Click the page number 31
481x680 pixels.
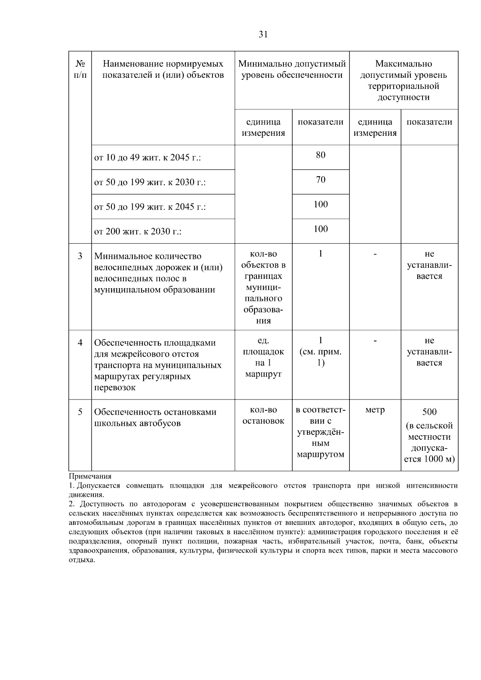click(x=263, y=34)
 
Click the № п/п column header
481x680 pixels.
click(x=80, y=69)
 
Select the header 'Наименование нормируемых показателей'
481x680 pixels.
click(x=163, y=69)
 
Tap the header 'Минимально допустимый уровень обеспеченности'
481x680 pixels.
click(x=292, y=69)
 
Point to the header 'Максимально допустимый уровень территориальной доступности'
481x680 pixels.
click(x=403, y=80)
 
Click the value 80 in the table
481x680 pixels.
click(x=321, y=155)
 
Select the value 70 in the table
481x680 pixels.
click(x=321, y=180)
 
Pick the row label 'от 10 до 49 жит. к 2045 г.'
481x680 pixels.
click(x=148, y=158)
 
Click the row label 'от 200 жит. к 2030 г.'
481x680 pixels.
click(x=138, y=232)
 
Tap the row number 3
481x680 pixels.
click(x=80, y=256)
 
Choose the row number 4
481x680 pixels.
click(x=80, y=343)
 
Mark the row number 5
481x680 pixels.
click(x=80, y=412)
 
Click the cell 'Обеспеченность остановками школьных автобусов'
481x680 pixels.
click(x=155, y=418)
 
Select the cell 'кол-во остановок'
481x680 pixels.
click(x=263, y=416)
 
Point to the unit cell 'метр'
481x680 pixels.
click(x=375, y=410)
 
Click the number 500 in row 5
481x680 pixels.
click(x=429, y=412)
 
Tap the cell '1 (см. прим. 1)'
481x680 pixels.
click(x=321, y=351)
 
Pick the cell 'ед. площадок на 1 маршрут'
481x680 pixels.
click(x=263, y=357)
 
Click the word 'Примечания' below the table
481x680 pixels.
click(x=90, y=476)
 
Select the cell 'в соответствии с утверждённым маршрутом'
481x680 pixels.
click(x=321, y=432)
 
